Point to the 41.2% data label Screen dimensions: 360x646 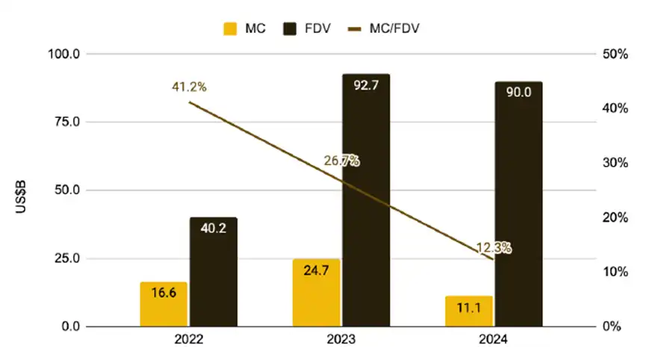[x=188, y=87]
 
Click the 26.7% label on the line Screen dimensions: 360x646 [x=341, y=160]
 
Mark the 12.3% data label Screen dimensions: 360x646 [x=494, y=247]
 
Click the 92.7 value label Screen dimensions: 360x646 [x=366, y=86]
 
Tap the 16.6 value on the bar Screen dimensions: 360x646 [x=164, y=294]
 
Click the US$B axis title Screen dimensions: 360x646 [x=22, y=190]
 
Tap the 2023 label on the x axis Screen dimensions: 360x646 [x=341, y=340]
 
